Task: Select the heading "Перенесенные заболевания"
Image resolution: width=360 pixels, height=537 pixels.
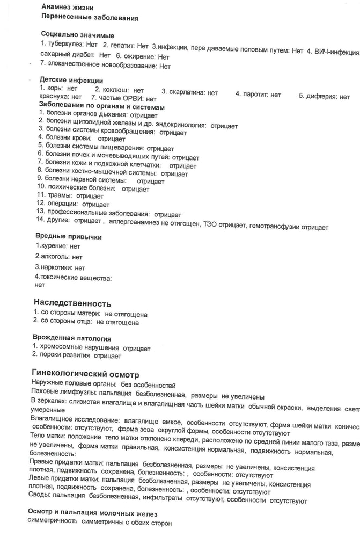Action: pos(90,18)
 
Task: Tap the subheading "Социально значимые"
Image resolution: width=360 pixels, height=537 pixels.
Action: pos(77,35)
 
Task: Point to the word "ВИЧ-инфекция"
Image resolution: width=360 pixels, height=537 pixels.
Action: pos(336,52)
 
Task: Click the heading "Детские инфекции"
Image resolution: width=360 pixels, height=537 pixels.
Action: pos(71,81)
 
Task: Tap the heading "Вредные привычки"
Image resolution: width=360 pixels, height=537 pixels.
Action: pos(68,236)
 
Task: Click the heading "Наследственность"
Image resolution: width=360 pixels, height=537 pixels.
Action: pos(72,303)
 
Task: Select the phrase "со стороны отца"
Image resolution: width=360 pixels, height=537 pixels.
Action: pos(65,323)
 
